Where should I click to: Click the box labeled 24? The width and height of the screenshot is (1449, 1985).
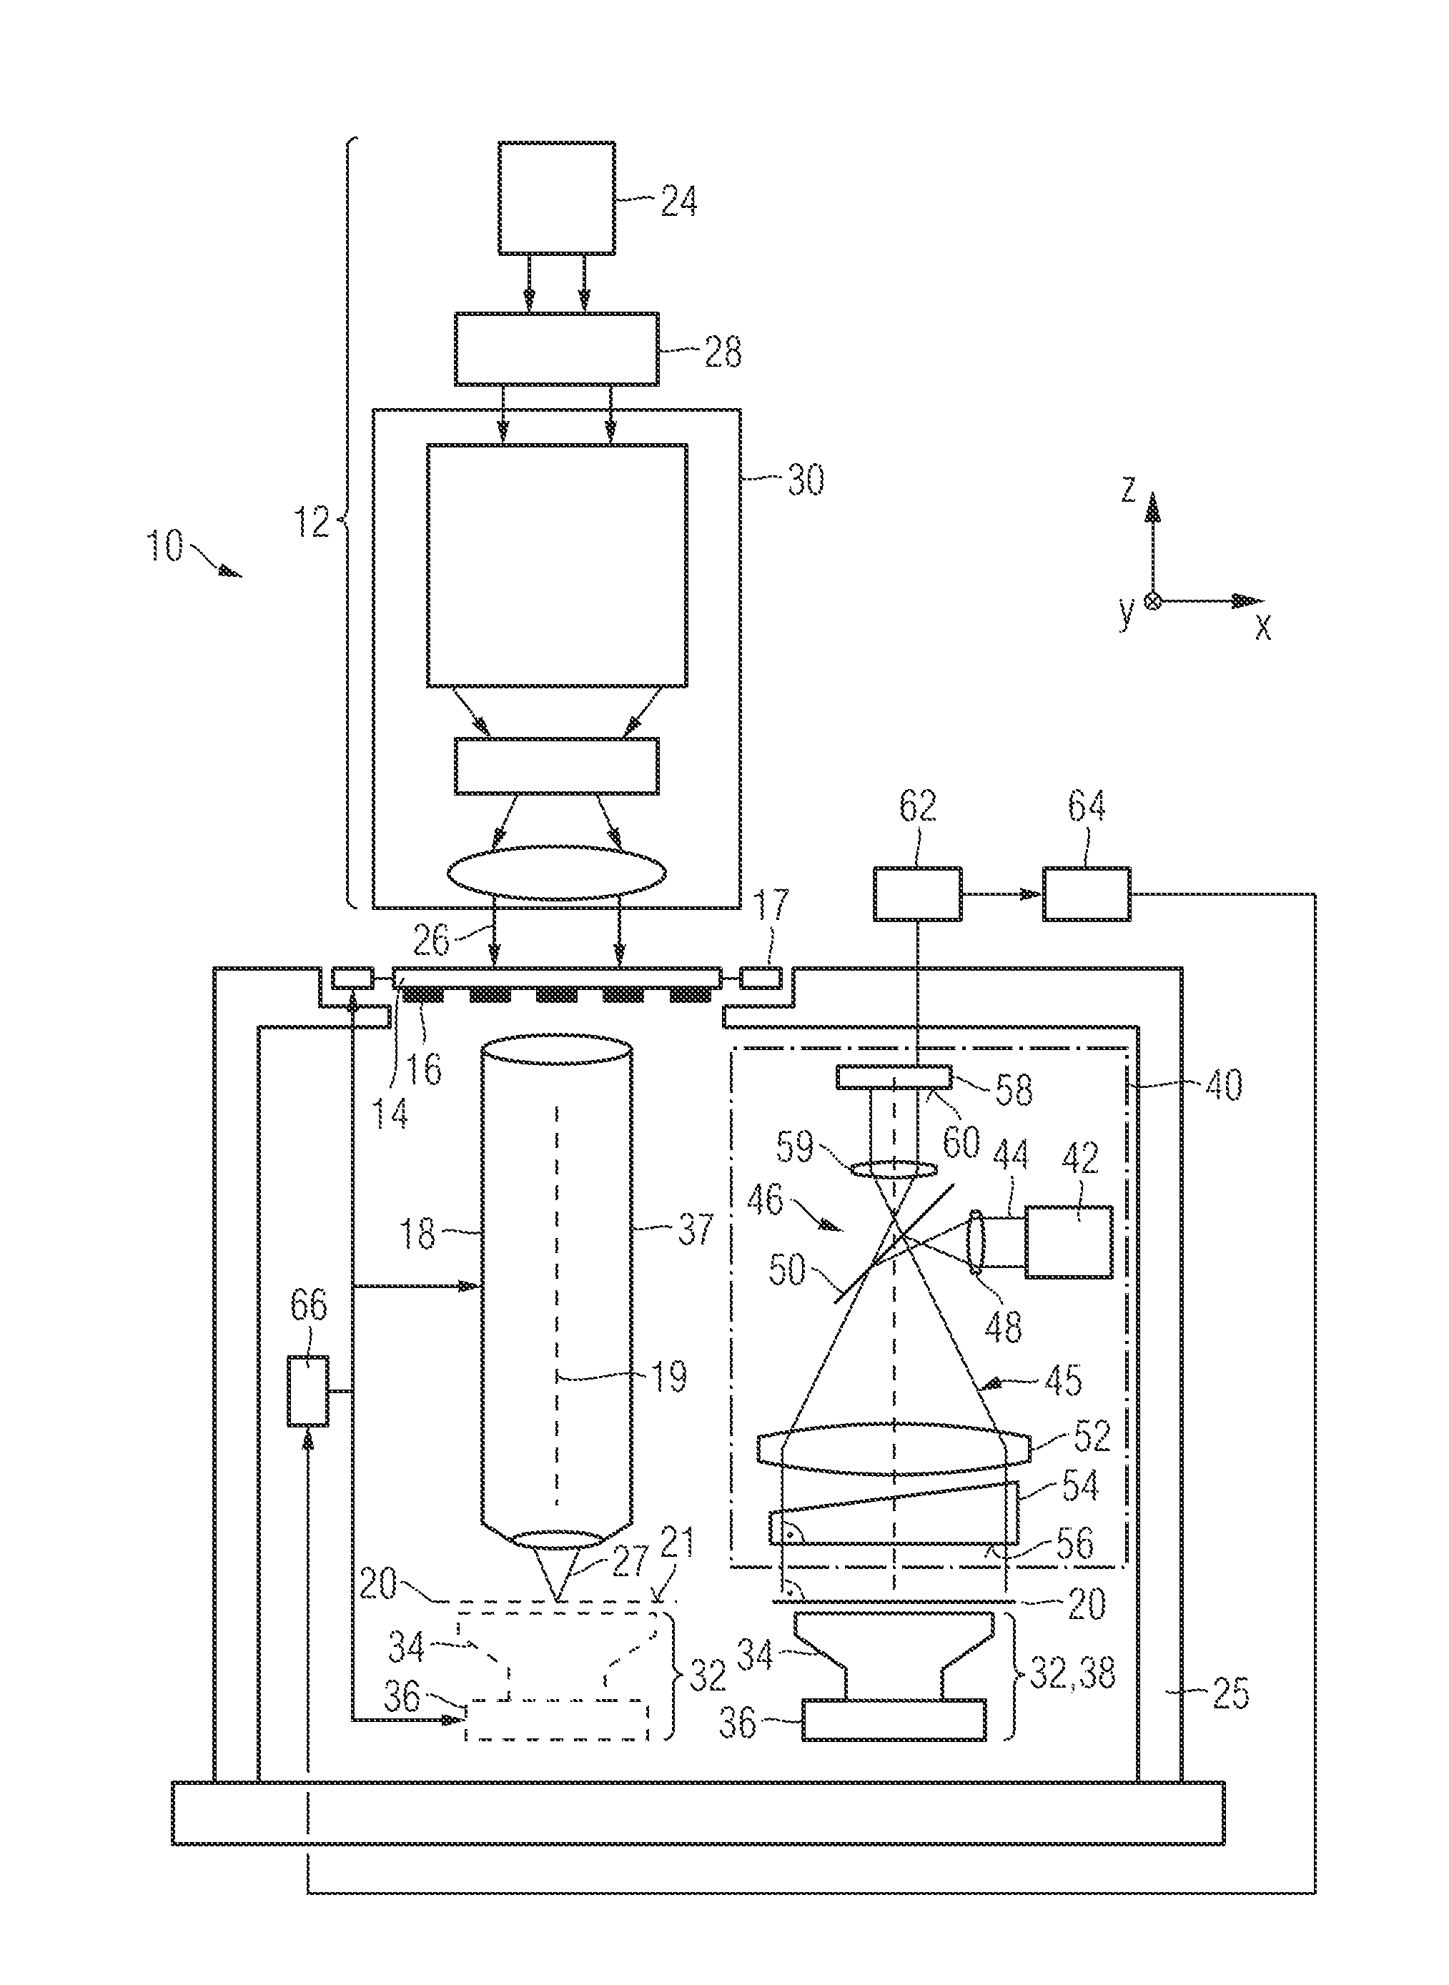[556, 198]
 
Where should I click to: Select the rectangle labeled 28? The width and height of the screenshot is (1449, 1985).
[556, 348]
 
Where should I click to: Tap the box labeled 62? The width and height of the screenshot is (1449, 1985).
[917, 894]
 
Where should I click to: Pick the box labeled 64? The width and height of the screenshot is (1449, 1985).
[1086, 894]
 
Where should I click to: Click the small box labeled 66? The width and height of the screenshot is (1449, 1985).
[309, 1391]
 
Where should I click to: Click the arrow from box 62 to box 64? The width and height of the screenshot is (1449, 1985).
[1002, 894]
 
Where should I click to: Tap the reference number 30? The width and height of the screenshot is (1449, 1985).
[805, 480]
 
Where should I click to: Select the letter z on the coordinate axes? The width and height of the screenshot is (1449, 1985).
[1129, 490]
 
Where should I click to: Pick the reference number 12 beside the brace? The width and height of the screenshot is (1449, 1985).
[312, 523]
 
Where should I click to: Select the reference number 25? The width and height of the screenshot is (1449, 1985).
[1230, 1693]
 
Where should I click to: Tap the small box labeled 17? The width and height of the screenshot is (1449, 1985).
[761, 976]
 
